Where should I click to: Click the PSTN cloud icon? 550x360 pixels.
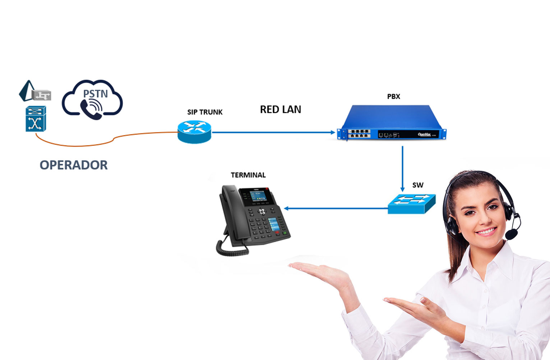(x=92, y=99)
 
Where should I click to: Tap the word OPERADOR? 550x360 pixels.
(x=74, y=165)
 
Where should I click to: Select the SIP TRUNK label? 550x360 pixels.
(x=205, y=112)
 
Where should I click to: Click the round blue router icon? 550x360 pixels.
(x=194, y=132)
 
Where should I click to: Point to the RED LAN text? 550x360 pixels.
(x=281, y=109)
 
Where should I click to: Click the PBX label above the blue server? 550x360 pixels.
(x=393, y=97)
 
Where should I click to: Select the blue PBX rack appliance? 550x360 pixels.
(x=392, y=122)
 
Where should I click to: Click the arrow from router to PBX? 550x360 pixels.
(x=273, y=132)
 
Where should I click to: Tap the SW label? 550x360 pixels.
(x=418, y=185)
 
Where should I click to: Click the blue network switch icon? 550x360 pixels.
(x=412, y=204)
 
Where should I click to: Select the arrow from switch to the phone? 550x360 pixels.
(x=336, y=208)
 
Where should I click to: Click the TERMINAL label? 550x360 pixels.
(x=248, y=175)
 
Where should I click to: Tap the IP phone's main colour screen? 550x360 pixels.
(x=258, y=196)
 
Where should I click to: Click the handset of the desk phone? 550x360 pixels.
(x=230, y=212)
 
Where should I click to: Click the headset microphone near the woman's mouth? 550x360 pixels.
(x=511, y=235)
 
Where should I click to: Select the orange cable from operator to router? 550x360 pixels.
(x=108, y=141)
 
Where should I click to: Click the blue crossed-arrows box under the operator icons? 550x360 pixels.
(x=36, y=119)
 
